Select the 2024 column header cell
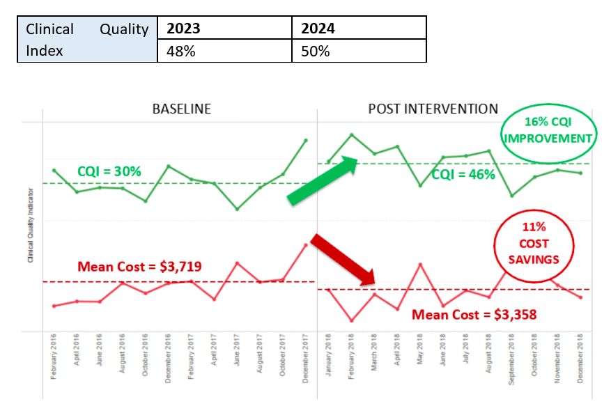(x=318, y=29)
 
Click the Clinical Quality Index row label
(x=87, y=40)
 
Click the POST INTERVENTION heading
(x=433, y=109)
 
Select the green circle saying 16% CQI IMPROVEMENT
(x=547, y=130)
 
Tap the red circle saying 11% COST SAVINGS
(x=534, y=244)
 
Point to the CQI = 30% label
(x=109, y=171)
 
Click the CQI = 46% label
(x=463, y=174)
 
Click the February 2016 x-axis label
(x=54, y=357)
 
